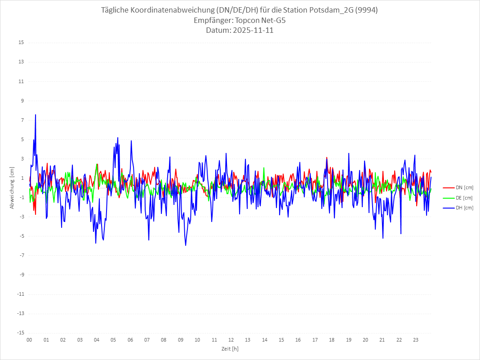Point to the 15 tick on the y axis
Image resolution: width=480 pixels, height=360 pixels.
pos(21,43)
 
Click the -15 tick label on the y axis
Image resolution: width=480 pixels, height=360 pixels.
pos(20,333)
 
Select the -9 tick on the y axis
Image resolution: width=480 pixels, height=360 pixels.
pos(21,275)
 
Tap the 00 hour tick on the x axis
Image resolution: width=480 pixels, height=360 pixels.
pos(29,340)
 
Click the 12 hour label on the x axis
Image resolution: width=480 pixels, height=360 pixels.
pos(231,340)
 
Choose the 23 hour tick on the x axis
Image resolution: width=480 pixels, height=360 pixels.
pos(416,340)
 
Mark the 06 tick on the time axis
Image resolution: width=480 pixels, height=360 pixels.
pos(130,340)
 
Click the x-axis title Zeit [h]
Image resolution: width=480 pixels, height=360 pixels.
pos(230,348)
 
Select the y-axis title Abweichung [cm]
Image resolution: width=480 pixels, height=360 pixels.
pos(12,187)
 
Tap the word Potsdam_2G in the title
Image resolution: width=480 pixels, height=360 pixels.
pos(324,10)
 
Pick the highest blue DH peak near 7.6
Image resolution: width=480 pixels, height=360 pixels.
pos(36,115)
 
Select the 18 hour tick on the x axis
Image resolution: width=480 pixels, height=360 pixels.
pos(332,340)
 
